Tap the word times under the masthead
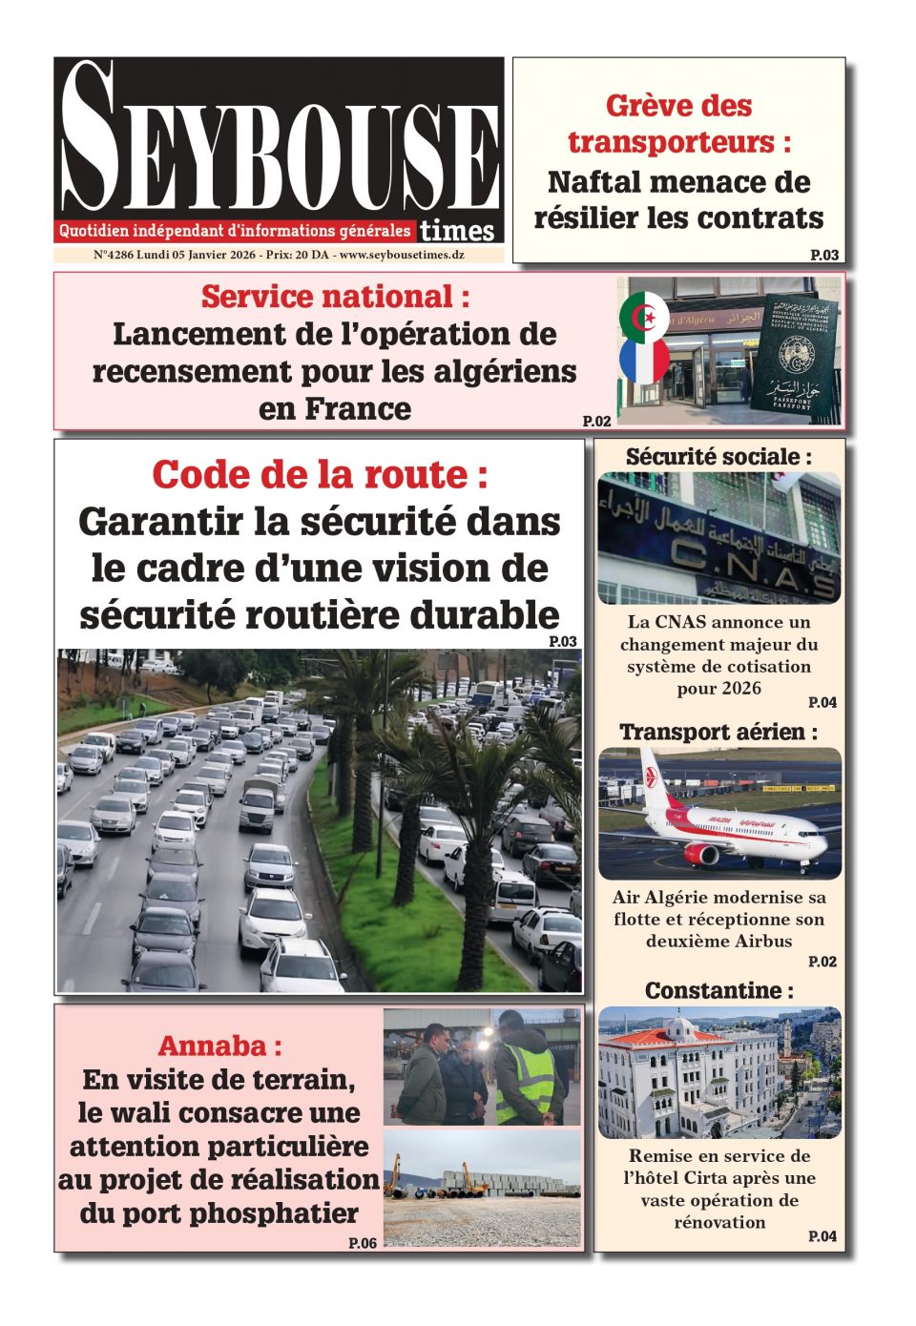tap(457, 231)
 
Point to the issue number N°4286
tap(114, 256)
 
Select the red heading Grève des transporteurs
tap(678, 124)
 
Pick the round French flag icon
tap(644, 362)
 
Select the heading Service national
tap(335, 297)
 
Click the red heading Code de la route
tap(320, 474)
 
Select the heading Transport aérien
tap(718, 733)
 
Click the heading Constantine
tap(718, 990)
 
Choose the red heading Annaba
tap(219, 1046)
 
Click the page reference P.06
tap(363, 1242)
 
